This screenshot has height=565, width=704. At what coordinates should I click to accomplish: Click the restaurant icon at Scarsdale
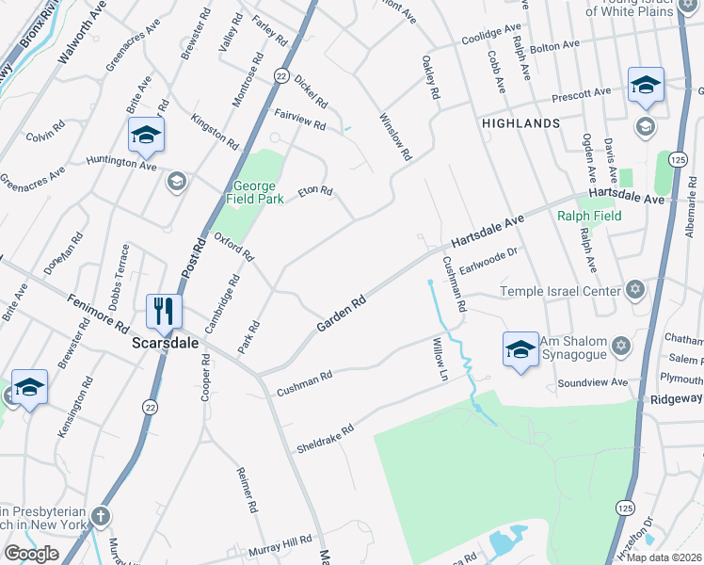[165, 311]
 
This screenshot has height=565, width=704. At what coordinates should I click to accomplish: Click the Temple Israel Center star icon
[634, 290]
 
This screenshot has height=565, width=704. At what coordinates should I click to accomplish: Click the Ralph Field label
[589, 216]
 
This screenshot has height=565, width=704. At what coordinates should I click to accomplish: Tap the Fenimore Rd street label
[98, 314]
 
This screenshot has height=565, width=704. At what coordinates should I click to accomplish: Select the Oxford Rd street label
[234, 247]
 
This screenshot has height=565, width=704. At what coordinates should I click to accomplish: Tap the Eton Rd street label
[315, 191]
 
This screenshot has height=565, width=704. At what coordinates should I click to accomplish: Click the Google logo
[31, 554]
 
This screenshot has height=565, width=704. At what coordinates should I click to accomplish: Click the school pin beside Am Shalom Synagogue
[520, 350]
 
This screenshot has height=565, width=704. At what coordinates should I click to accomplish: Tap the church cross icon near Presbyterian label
[102, 516]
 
